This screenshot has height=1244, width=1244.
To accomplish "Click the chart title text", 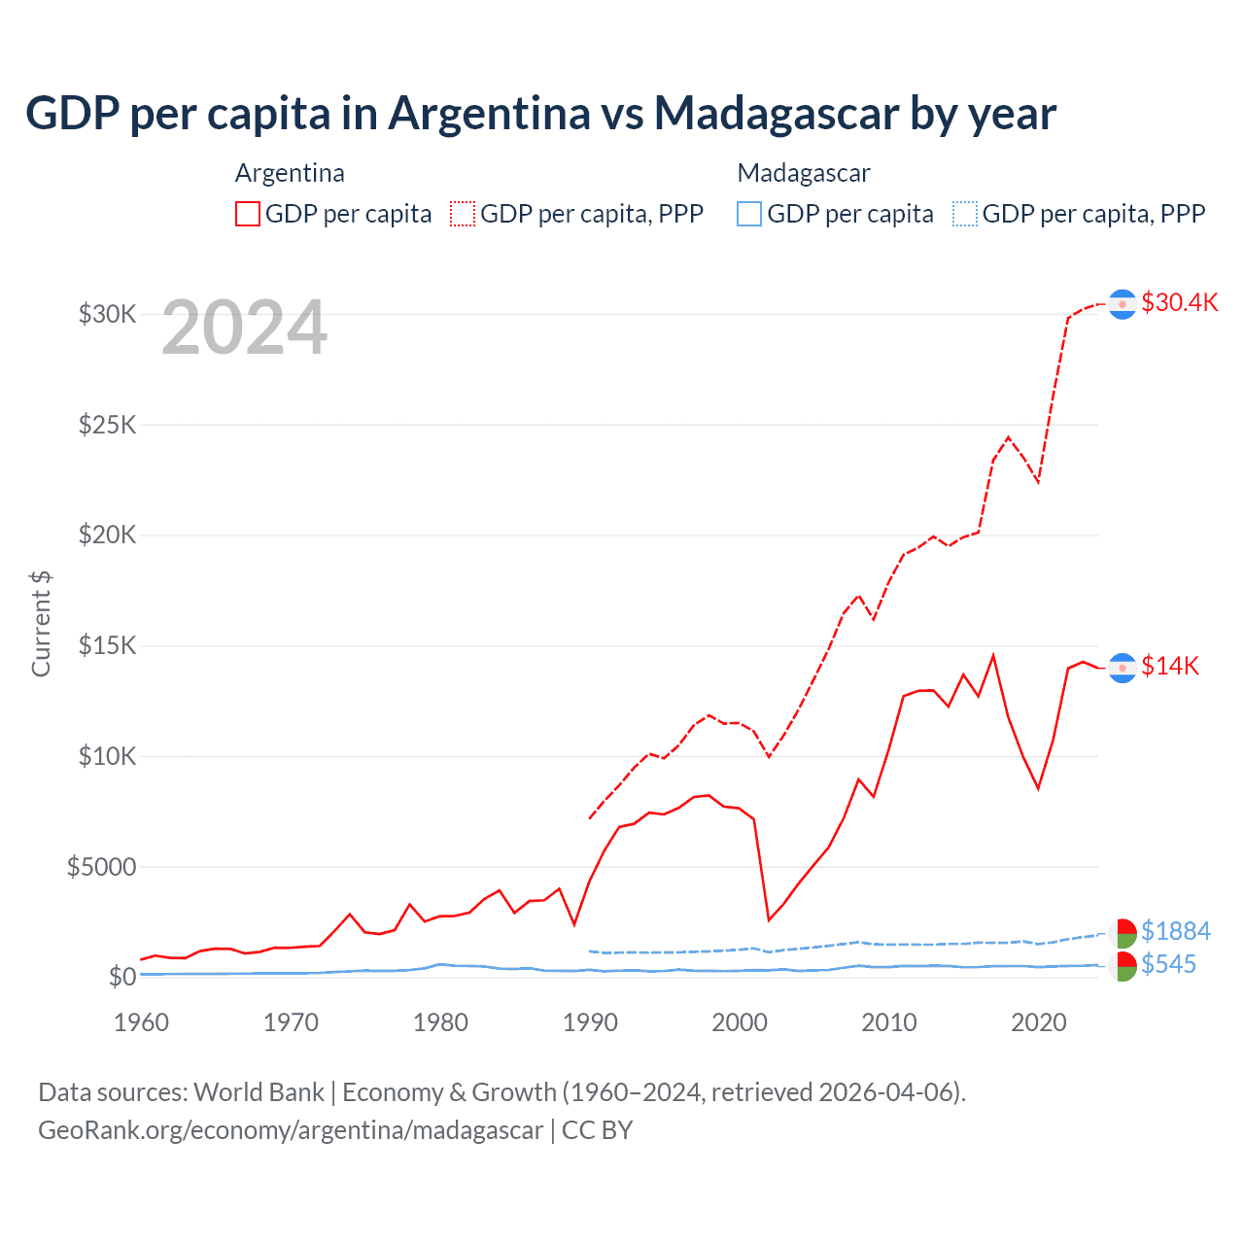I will tap(540, 114).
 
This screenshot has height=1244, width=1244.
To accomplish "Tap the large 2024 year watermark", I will tap(244, 328).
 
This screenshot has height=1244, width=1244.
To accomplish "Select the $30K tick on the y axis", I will tap(107, 314).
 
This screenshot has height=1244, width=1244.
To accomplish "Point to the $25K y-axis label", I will tap(107, 425).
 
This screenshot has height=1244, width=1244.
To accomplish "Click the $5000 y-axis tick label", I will tap(101, 867).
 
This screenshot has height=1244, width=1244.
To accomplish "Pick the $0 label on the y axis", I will tap(121, 977).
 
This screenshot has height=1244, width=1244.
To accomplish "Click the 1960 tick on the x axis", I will tap(142, 1022).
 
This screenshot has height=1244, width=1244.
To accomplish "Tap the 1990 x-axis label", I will tap(590, 1022).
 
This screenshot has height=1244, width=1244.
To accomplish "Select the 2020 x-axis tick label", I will tap(1039, 1022).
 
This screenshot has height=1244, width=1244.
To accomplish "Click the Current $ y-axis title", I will tap(41, 623).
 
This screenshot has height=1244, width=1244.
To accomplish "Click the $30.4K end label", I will tap(1179, 302).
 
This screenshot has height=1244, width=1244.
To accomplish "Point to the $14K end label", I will tap(1170, 666).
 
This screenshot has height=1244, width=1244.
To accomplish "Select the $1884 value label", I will tap(1176, 931).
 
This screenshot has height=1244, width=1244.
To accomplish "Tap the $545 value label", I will tap(1168, 964).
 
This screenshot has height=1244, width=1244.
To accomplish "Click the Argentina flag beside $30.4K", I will tap(1123, 304).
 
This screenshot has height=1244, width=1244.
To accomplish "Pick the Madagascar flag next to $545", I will tap(1123, 966).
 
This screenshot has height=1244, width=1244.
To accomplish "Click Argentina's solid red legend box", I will tap(248, 214).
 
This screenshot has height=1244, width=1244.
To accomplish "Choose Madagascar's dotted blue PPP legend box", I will tap(965, 214).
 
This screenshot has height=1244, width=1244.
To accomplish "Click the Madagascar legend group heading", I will tap(804, 173).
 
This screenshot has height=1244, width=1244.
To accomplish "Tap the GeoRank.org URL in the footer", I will tap(291, 1130).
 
